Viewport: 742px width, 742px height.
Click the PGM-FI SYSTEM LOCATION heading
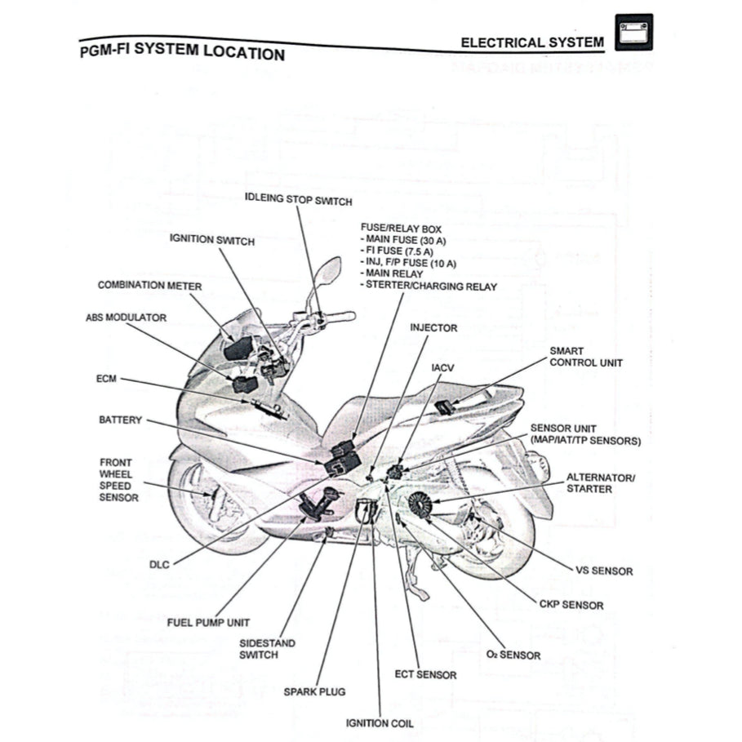(183, 51)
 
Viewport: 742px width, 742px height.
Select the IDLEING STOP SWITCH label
(299, 199)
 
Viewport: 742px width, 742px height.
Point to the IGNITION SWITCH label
(212, 240)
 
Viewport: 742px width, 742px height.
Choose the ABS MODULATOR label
(126, 318)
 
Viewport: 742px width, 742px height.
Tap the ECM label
(106, 380)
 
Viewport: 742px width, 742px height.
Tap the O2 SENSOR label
(513, 655)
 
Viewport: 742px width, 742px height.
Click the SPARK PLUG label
(314, 691)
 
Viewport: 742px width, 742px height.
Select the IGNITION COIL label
(380, 723)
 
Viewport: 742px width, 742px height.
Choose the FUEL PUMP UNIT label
(208, 622)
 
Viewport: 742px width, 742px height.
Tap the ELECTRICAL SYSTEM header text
(532, 42)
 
